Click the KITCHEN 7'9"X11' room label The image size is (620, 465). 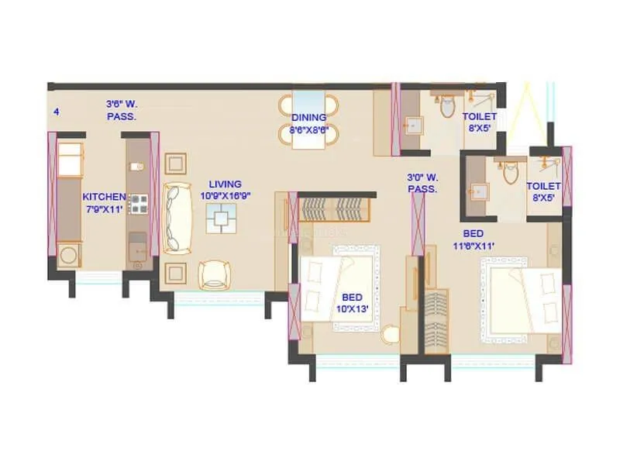click(104, 202)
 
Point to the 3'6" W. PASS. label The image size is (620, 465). click(122, 109)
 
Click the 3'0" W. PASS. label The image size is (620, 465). click(423, 183)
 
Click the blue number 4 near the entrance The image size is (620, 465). click(56, 112)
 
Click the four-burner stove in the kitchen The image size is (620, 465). click(139, 204)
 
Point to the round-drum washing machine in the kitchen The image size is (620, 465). click(69, 254)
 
